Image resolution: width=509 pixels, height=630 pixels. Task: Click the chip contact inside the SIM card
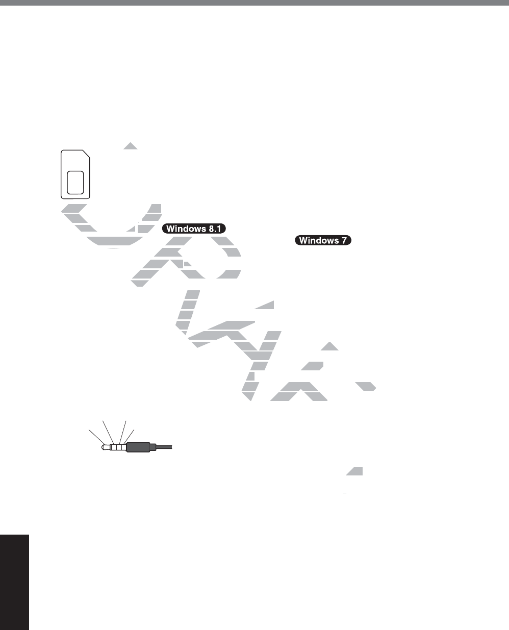point(75,182)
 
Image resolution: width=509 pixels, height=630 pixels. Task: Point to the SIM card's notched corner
point(86,155)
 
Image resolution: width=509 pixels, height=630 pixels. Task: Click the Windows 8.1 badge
point(194,229)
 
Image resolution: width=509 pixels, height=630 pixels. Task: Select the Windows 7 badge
point(323,240)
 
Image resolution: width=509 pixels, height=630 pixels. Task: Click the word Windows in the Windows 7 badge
point(319,240)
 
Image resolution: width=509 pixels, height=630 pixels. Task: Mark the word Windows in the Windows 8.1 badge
point(186,229)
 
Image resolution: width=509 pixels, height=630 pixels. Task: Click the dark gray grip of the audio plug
point(138,447)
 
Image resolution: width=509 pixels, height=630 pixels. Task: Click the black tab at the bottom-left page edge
point(14,582)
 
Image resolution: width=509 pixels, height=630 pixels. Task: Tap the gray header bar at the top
point(254,2)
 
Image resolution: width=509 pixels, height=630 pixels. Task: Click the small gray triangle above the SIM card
point(131,146)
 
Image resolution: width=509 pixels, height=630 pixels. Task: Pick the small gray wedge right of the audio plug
point(355,471)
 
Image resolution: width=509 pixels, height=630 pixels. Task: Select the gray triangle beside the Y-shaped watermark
point(329,347)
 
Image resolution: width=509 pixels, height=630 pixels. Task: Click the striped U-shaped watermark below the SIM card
point(110,224)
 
